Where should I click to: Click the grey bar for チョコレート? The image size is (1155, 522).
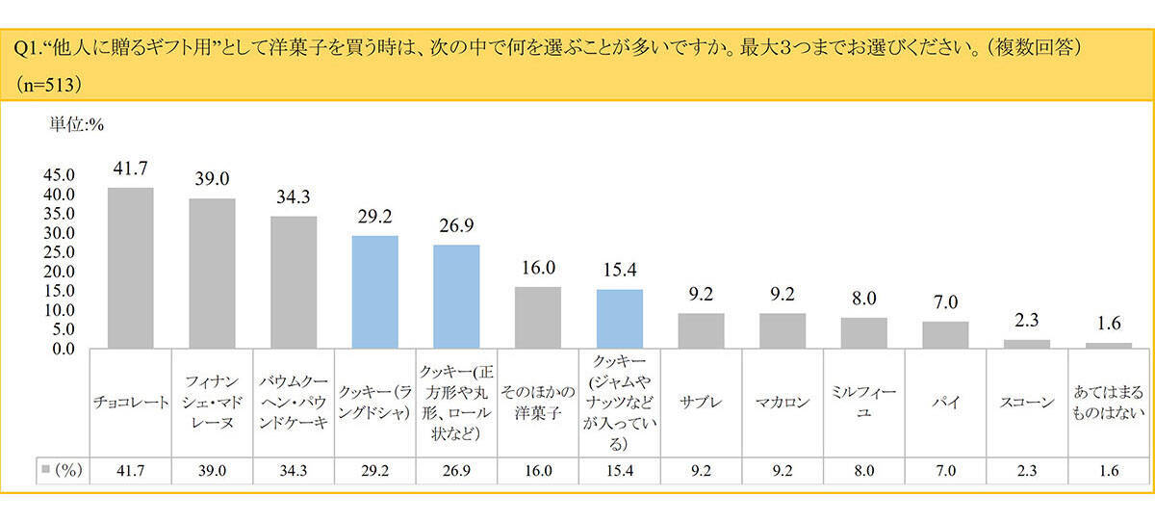point(130,268)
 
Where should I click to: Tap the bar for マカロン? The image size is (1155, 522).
point(783,330)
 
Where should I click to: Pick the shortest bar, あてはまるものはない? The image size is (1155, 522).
point(1109,345)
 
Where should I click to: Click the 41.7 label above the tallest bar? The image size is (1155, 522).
point(130,169)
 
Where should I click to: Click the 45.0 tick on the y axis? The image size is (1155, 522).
point(59,175)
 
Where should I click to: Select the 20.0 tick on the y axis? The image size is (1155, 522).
point(59,272)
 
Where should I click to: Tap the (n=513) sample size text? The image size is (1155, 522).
point(48,84)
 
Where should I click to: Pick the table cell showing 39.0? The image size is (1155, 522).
point(212,471)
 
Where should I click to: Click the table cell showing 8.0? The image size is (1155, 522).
point(863,471)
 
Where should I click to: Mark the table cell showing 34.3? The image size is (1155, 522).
point(294,471)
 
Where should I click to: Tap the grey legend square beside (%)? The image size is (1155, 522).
point(45,471)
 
